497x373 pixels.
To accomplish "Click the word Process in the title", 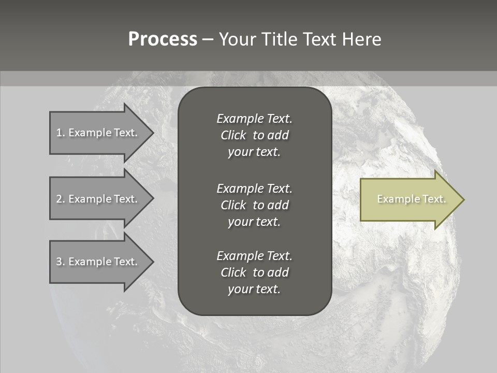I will coord(163,39).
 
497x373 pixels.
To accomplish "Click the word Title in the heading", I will coord(278,39).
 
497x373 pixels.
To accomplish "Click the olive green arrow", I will coord(409,199).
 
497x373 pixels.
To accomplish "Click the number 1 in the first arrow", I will coord(59,133).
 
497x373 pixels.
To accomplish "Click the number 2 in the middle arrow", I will coord(59,199).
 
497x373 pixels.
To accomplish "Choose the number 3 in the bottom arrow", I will coord(59,262).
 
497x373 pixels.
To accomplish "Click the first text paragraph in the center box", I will coord(254,135).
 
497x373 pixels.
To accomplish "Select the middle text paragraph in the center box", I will coord(254,205).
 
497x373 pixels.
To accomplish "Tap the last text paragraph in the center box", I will coord(254,272).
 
